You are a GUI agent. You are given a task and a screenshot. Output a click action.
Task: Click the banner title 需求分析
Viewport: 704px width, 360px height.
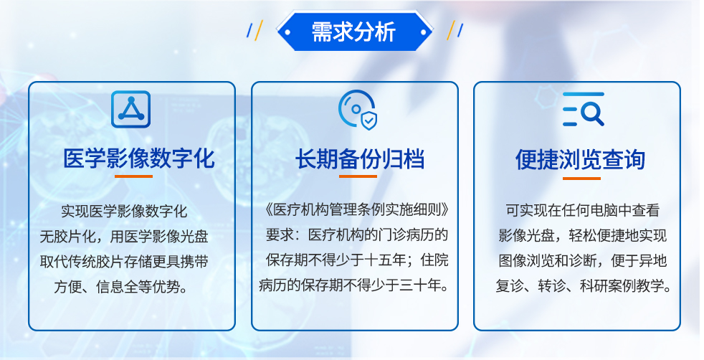[x=353, y=32]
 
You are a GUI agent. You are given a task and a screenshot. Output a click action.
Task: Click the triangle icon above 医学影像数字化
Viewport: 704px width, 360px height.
[x=130, y=109]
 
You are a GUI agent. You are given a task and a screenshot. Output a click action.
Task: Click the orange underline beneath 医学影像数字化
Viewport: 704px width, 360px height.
[x=133, y=176]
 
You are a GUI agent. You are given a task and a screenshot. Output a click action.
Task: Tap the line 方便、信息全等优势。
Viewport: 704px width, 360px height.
[x=120, y=287]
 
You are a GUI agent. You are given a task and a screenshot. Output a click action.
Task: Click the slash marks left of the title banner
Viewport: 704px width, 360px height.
[x=255, y=30]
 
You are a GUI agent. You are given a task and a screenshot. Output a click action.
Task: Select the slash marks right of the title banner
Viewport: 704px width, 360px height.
[x=455, y=30]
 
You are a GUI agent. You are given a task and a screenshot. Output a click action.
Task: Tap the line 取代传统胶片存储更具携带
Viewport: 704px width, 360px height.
[x=124, y=262]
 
